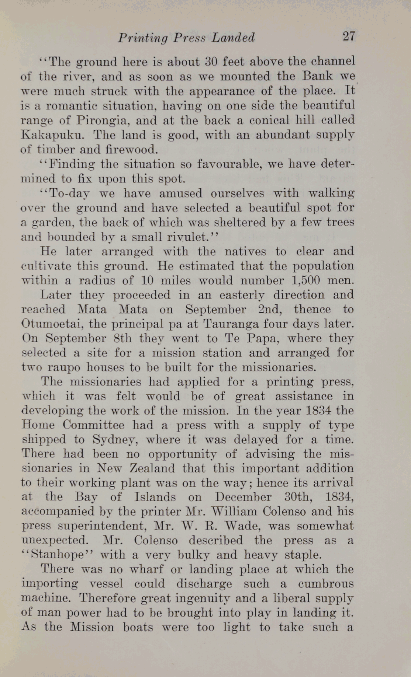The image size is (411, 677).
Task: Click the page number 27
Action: coord(348,36)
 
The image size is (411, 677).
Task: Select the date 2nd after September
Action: coord(272,309)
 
